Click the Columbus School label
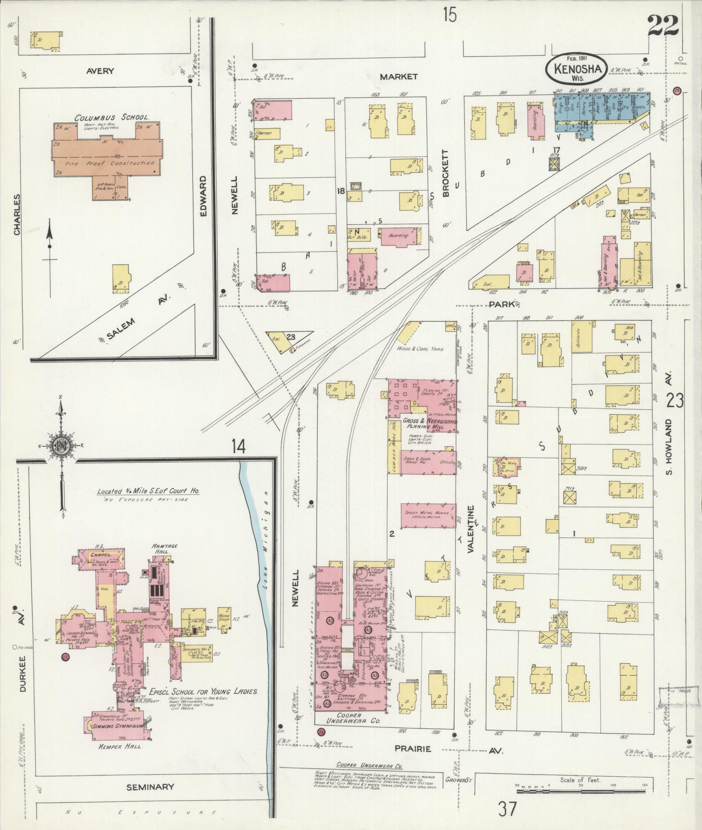pyautogui.click(x=111, y=118)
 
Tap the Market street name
pyautogui.click(x=398, y=77)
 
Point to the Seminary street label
pyautogui.click(x=151, y=787)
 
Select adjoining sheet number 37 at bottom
pyautogui.click(x=507, y=809)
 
